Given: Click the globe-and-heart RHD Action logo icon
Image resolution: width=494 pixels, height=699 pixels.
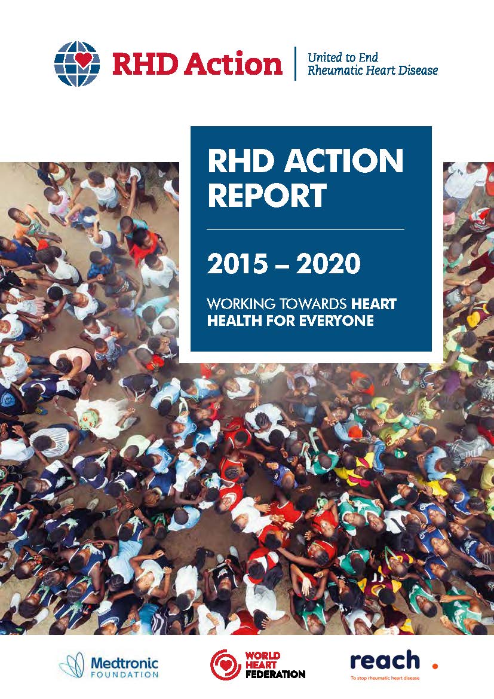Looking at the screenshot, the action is pos(76,64).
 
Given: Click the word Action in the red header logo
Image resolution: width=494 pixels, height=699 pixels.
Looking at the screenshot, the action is pos(233,63).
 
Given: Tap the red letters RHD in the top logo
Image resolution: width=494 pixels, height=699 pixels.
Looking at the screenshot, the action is pos(145,63).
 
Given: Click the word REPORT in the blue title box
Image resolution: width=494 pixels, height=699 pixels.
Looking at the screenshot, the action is pos(267,196).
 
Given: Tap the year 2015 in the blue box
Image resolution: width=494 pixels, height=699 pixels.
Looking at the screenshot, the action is pos(237,263).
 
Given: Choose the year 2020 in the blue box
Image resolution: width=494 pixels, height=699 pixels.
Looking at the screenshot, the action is pos(329,263).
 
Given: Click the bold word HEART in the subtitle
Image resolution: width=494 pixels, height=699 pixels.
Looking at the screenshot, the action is pos(374,304).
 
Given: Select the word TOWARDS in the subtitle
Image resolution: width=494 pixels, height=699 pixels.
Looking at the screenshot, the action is pos(313,304).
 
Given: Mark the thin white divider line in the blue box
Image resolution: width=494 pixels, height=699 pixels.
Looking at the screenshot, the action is pos(306,229).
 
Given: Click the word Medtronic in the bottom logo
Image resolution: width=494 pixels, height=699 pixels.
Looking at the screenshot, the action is pos(124,663).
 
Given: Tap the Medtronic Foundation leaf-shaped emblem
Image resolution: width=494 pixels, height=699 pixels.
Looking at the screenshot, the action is pos(72,665).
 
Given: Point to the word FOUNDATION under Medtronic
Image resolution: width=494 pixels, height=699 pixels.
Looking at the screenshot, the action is pos(124,674).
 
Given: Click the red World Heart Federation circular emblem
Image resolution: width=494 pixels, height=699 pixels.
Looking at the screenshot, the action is pos(225,665).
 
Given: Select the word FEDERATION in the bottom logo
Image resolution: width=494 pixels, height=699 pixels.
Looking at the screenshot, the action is pos(275,674).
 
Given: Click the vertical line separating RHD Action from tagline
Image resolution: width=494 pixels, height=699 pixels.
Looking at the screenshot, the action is pos(295,63).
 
